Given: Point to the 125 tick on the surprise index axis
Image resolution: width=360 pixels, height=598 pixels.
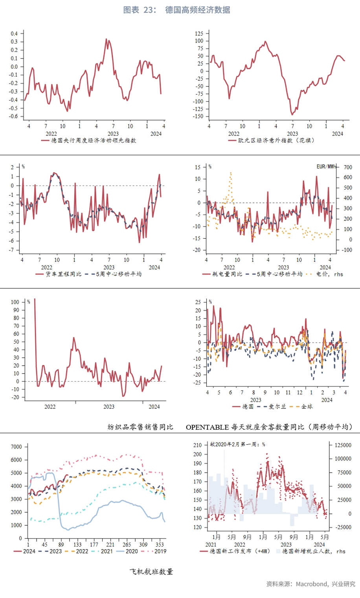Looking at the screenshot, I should (x=199, y=34).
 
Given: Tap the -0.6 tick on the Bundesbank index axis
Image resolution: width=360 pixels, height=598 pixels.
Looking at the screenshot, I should (x=14, y=116).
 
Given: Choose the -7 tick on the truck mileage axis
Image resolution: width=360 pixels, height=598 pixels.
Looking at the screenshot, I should (x=12, y=250).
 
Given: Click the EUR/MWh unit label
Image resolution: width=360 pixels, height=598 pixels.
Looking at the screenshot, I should (x=326, y=167).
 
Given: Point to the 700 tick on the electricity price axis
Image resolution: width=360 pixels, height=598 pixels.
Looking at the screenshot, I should (x=347, y=167).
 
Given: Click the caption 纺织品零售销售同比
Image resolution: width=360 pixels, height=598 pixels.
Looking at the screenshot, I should (x=140, y=427).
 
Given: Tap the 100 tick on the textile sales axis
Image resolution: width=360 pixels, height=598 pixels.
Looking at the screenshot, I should (x=15, y=302).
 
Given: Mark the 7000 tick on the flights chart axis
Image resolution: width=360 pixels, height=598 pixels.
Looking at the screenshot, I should (x=17, y=447).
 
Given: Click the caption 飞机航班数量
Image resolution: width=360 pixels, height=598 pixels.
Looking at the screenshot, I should (x=151, y=572).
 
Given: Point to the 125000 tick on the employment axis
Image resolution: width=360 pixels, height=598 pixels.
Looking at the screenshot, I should (x=343, y=445).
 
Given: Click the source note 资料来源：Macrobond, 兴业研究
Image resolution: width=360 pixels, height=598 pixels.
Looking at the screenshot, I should (x=310, y=584).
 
